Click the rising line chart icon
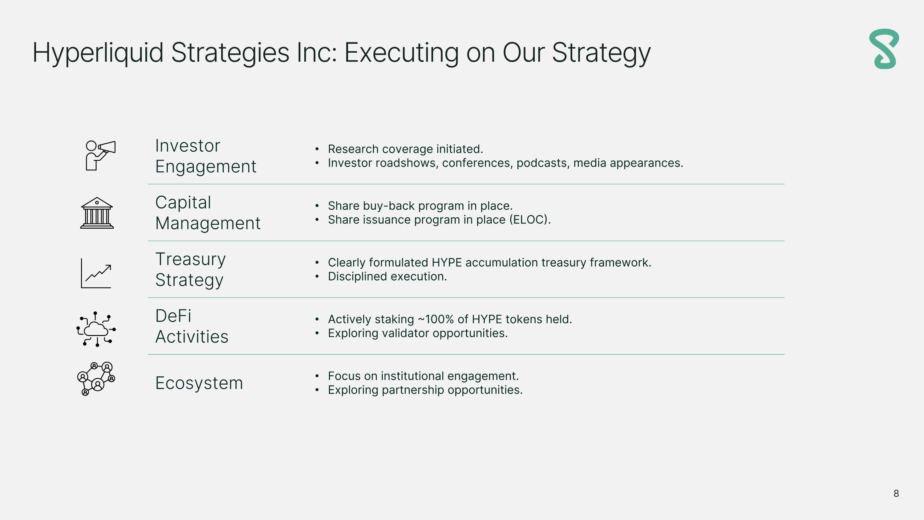[x=96, y=273]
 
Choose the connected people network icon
[x=96, y=379]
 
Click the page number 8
[x=896, y=493]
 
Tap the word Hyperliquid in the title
[x=98, y=53]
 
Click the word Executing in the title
[x=401, y=53]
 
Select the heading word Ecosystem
[x=199, y=383]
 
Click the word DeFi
[x=173, y=316]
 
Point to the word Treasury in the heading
[x=190, y=259]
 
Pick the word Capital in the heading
[x=183, y=203]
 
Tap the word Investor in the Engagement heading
[x=188, y=146]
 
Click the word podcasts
[x=543, y=163]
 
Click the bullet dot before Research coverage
[x=317, y=149]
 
